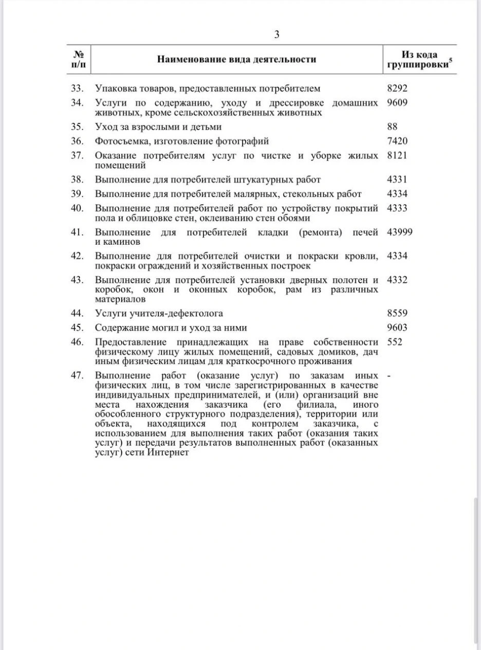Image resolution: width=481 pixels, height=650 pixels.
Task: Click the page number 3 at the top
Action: point(276,35)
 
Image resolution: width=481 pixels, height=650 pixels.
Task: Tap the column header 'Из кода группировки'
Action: point(419,60)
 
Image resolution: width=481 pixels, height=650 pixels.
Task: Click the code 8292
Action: point(397,88)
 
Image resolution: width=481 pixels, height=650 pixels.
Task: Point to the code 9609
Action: point(397,102)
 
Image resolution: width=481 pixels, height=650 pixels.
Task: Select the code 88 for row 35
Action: point(392,126)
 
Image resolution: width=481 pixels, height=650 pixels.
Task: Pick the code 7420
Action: point(397,140)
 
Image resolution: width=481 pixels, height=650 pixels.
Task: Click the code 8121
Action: point(397,155)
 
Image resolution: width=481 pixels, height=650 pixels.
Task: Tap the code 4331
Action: point(397,179)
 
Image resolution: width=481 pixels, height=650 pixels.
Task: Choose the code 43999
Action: point(399,232)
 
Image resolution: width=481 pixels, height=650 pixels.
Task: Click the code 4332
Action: point(397,280)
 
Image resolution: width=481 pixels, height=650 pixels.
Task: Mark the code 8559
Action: point(397,313)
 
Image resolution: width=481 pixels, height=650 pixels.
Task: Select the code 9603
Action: point(397,328)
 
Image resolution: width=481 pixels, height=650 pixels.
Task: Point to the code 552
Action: point(395,342)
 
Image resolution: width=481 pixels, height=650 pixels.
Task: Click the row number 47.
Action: point(77,375)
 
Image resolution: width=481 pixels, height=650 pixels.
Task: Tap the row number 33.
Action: point(77,88)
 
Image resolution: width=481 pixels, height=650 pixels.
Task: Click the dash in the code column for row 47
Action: point(388,375)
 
